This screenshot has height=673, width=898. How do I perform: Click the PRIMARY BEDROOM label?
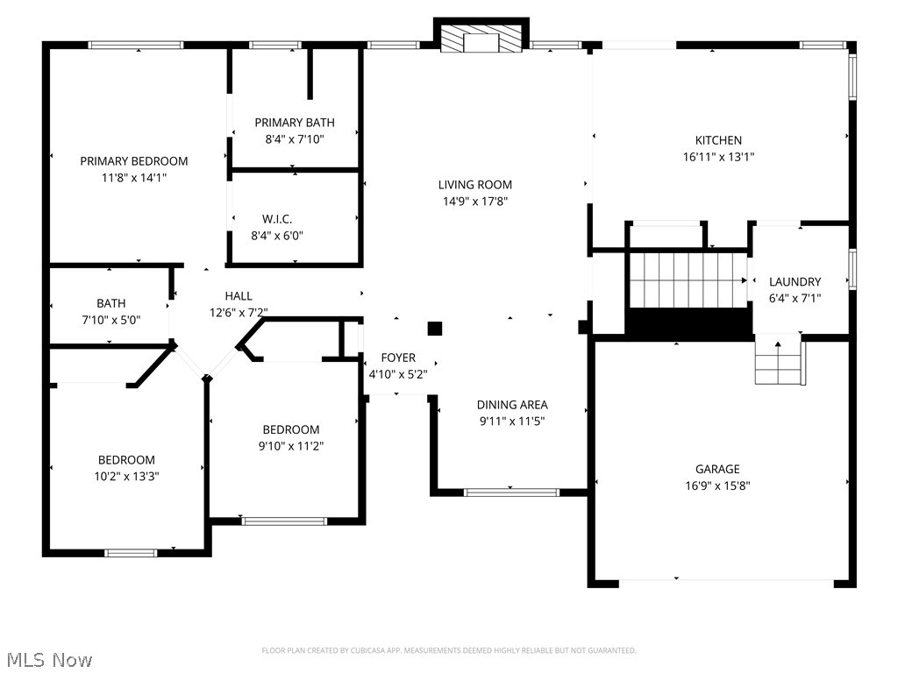[134, 161]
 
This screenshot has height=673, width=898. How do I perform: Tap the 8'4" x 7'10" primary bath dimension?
[295, 138]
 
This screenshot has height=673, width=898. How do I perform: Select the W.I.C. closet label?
[277, 219]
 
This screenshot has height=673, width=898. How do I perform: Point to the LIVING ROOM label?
[475, 185]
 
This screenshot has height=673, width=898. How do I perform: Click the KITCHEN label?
[718, 140]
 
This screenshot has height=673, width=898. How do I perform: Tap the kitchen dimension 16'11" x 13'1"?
[718, 157]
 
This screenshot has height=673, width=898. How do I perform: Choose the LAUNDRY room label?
[795, 282]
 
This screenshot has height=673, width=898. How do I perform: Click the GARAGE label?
[717, 469]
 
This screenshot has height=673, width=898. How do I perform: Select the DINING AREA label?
[512, 405]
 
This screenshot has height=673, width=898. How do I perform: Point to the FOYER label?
[398, 358]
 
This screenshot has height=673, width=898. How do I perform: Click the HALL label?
[239, 296]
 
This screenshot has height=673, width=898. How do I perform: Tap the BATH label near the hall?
[111, 304]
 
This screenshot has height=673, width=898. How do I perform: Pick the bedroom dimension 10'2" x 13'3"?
[126, 476]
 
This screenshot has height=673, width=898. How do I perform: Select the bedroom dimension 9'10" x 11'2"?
[291, 446]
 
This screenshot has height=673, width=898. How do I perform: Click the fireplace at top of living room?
[481, 39]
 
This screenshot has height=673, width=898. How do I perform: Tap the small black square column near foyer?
[435, 329]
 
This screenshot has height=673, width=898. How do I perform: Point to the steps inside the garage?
[780, 363]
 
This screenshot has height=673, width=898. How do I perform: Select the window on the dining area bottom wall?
[511, 492]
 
